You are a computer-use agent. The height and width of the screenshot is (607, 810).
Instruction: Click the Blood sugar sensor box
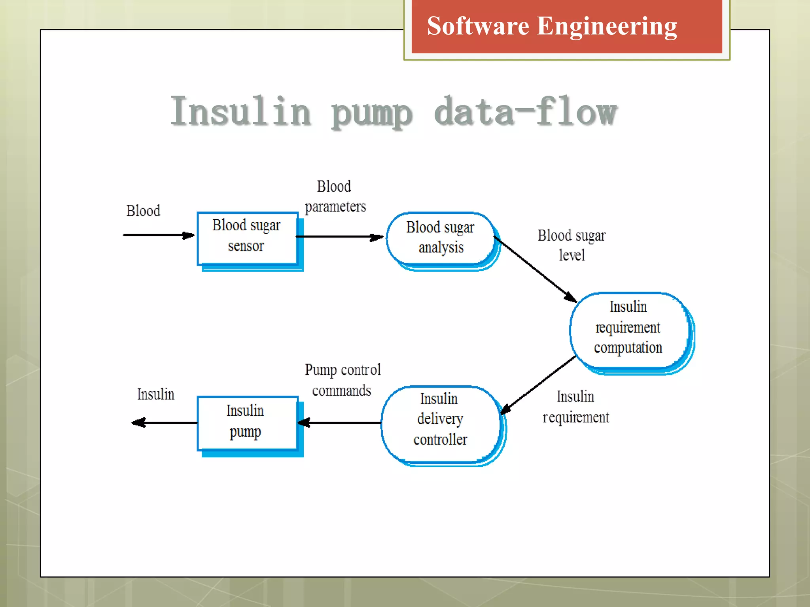point(247,238)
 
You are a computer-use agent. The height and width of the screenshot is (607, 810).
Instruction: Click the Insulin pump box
point(247,422)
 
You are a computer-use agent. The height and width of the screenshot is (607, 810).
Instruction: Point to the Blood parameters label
point(335,197)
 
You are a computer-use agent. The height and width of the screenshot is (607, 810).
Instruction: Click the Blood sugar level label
point(571,245)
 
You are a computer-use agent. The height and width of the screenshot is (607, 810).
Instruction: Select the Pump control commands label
point(342,380)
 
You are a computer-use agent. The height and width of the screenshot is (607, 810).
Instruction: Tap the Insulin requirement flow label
point(575,407)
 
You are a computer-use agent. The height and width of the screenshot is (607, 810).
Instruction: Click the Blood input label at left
point(143,211)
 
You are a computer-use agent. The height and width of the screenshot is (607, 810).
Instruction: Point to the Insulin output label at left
point(155,394)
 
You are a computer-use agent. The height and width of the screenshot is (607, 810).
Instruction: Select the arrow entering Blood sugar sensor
point(158,235)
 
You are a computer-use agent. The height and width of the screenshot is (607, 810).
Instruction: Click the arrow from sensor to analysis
point(339,237)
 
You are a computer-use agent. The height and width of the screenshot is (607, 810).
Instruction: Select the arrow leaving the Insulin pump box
point(164,423)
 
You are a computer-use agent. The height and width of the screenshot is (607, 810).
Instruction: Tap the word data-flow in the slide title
point(525,112)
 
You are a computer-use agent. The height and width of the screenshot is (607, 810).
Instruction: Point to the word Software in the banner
point(478,26)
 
